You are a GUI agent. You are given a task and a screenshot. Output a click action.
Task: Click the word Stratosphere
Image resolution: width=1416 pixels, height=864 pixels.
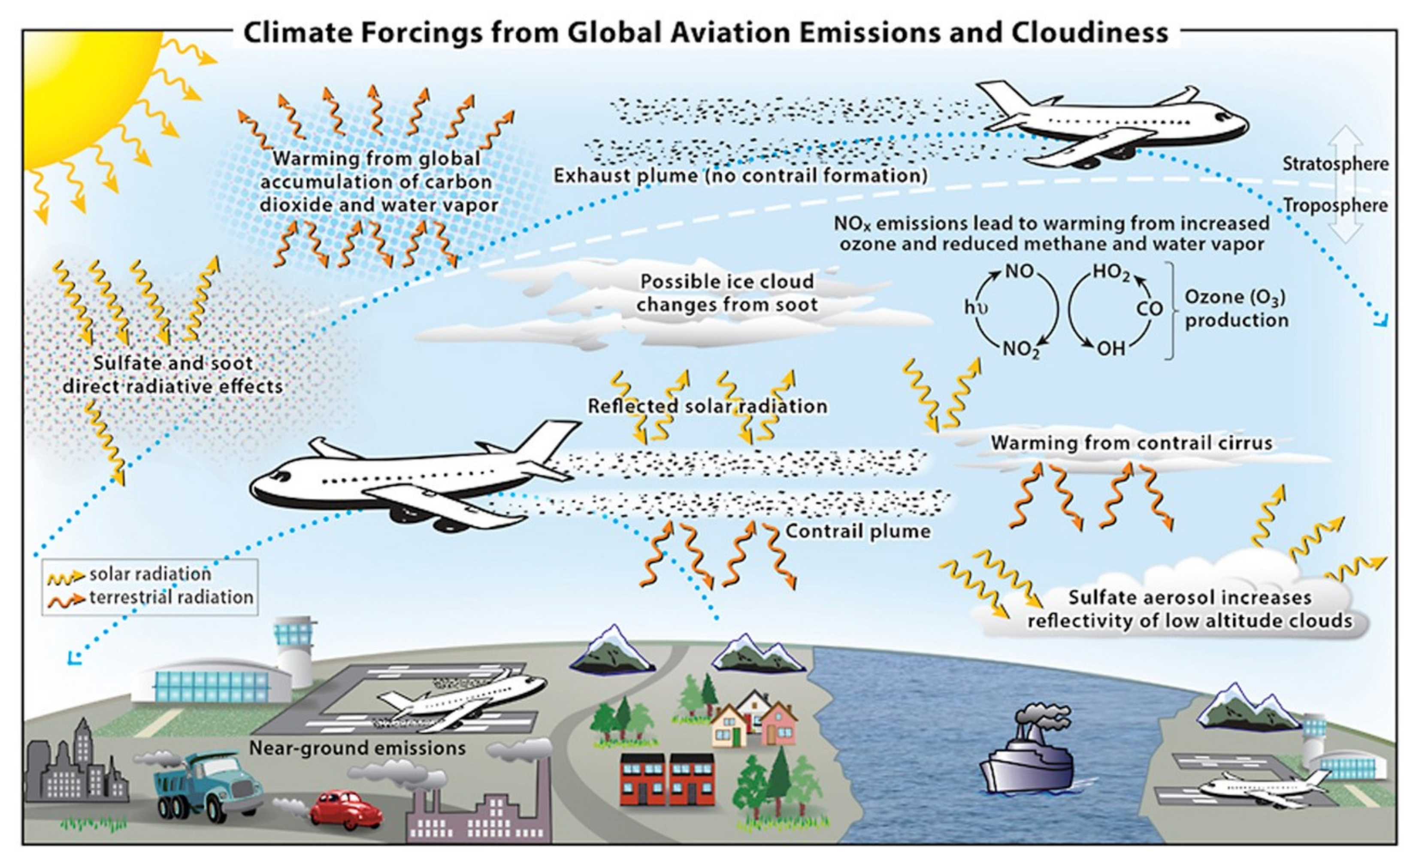click(1335, 164)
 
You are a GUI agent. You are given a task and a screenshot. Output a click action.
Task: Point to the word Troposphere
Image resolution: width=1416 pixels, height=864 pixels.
click(1335, 206)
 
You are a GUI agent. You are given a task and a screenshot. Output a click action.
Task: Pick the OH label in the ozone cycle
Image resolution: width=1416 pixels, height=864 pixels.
click(1110, 349)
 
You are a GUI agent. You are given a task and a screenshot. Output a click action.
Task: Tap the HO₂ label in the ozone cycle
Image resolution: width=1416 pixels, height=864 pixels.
click(1110, 271)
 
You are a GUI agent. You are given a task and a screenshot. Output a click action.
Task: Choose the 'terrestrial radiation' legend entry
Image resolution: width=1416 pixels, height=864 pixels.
click(171, 598)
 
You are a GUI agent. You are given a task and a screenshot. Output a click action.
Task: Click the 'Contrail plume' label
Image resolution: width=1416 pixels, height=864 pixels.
click(857, 531)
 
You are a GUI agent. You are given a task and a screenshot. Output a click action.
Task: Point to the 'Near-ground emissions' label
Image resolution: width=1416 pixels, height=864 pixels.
click(357, 748)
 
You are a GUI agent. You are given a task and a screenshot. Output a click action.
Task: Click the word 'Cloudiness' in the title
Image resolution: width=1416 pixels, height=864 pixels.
click(1089, 32)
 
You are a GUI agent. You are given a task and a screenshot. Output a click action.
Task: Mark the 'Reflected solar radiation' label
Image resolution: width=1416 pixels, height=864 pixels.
click(707, 406)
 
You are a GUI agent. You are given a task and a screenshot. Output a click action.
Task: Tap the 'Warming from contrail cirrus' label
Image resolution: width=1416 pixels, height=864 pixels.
click(1131, 443)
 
